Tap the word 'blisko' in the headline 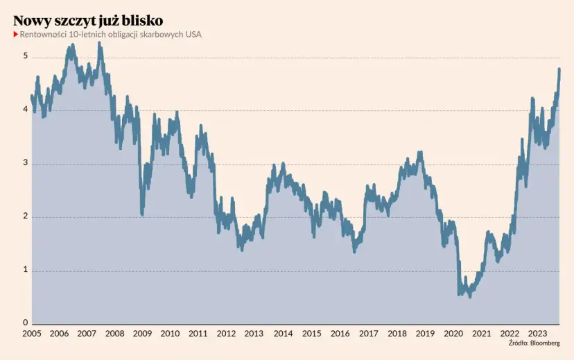tap(142, 20)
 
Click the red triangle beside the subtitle tap(16, 35)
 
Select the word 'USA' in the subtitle tap(193, 35)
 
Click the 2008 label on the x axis tap(114, 334)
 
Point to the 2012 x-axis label tap(227, 334)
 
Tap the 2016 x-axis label tap(340, 334)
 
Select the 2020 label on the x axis tap(453, 334)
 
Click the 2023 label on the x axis tap(537, 334)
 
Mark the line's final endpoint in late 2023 tap(559, 69)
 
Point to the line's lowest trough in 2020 tap(470, 296)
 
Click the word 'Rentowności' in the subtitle tap(42, 35)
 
